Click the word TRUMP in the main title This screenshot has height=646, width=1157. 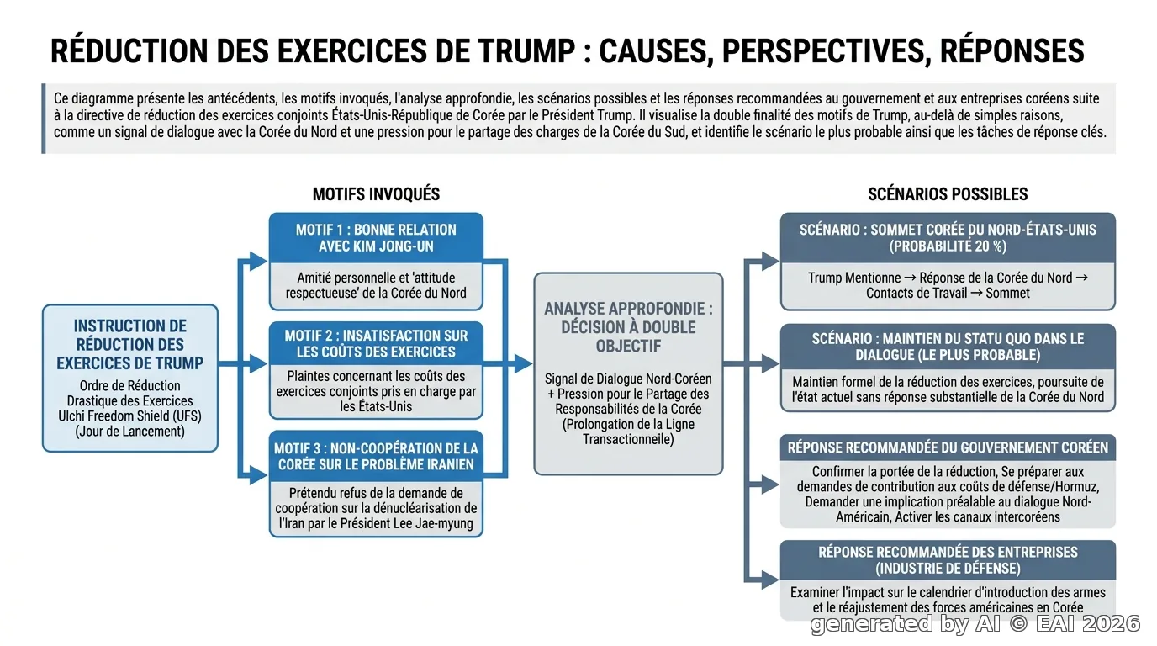pyautogui.click(x=526, y=50)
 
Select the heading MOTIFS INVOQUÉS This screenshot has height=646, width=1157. pyautogui.click(x=376, y=194)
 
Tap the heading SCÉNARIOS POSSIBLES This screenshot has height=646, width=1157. pyautogui.click(x=948, y=194)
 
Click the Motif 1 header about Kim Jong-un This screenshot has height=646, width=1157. pyautogui.click(x=376, y=238)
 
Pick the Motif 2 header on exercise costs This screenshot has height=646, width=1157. pyautogui.click(x=376, y=344)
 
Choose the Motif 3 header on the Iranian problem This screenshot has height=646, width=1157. pyautogui.click(x=376, y=456)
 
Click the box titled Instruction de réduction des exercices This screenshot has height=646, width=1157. pyautogui.click(x=130, y=379)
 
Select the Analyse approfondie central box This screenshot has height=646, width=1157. pyautogui.click(x=628, y=373)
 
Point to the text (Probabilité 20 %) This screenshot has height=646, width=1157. pyautogui.click(x=948, y=246)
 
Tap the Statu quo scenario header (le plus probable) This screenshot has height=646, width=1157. pyautogui.click(x=948, y=347)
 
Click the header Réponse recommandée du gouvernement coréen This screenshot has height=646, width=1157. pyautogui.click(x=948, y=447)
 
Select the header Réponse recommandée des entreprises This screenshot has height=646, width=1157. pyautogui.click(x=948, y=560)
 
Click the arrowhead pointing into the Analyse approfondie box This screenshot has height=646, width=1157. pyautogui.click(x=524, y=364)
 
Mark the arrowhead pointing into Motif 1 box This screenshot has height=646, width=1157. pyautogui.click(x=259, y=261)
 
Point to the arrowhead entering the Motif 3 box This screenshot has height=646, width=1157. pyautogui.click(x=259, y=475)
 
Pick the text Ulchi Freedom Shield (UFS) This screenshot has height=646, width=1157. pyautogui.click(x=129, y=416)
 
